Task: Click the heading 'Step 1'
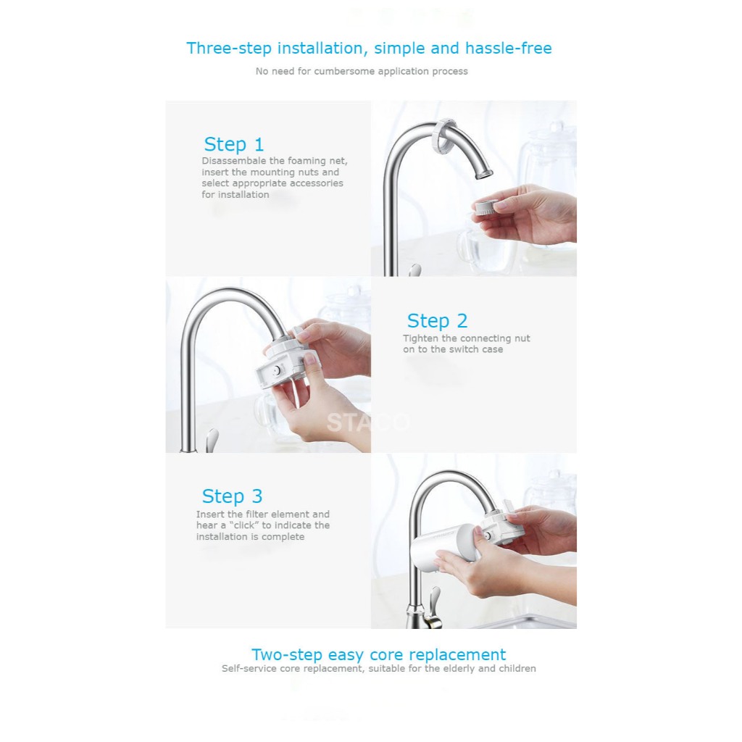(234, 144)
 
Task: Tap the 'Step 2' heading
(437, 320)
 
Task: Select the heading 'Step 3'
(232, 496)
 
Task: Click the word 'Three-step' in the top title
(229, 49)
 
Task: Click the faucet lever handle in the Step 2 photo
(212, 440)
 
